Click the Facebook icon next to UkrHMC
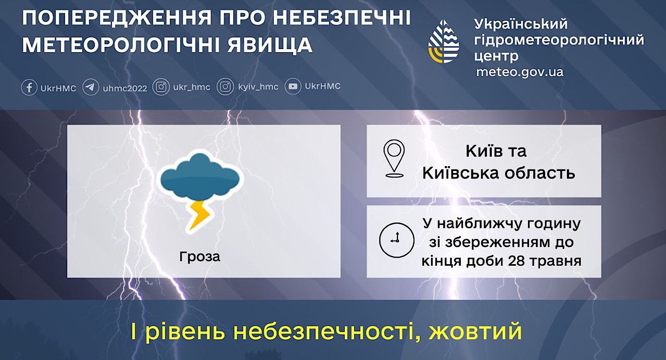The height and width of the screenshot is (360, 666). click(x=29, y=87)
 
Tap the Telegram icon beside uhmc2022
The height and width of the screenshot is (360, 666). click(x=91, y=87)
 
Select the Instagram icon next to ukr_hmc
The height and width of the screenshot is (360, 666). click(x=161, y=87)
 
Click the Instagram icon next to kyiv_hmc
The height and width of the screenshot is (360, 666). click(x=225, y=87)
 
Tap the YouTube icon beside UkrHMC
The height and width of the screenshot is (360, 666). click(x=293, y=86)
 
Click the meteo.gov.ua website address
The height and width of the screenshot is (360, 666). click(x=519, y=72)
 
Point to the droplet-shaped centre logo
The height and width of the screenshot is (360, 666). click(x=444, y=42)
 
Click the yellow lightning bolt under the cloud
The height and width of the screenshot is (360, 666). click(x=199, y=216)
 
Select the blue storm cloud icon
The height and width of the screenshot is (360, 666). click(x=200, y=177)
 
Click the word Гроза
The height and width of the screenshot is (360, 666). click(x=199, y=257)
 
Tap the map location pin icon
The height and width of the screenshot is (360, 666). click(x=394, y=159)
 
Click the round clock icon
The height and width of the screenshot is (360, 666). click(x=396, y=240)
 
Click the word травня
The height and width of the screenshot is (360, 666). click(x=555, y=261)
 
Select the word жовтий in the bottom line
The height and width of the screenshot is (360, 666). click(x=475, y=332)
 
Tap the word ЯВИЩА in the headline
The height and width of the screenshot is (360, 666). click(x=270, y=45)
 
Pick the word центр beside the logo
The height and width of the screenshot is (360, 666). click(x=496, y=56)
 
